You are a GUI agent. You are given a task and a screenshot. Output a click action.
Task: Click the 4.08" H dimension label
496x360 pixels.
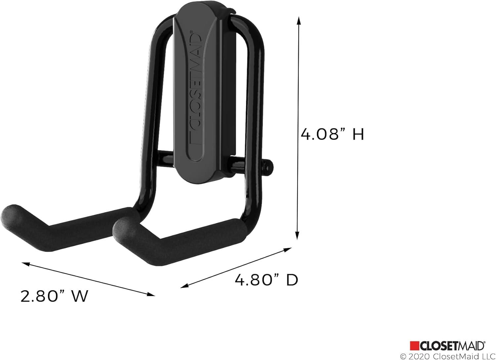332,135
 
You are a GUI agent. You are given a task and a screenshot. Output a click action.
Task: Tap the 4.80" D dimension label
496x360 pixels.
267,280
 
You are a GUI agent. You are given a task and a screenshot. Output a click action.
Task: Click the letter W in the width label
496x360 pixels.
80,296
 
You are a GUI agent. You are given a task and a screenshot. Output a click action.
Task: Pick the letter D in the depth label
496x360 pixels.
292,280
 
